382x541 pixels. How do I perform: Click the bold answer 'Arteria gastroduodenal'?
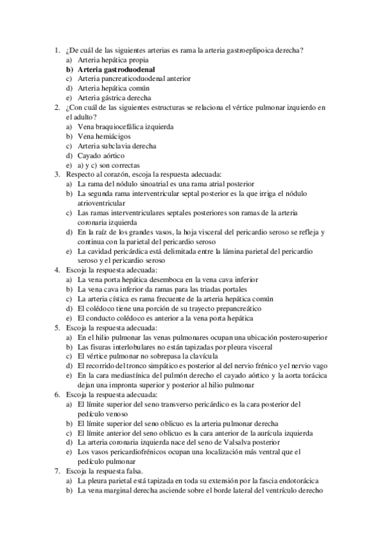pyautogui.click(x=117, y=69)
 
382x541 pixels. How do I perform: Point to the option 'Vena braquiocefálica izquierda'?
pyautogui.click(x=125, y=127)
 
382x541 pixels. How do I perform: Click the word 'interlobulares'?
pyautogui.click(x=141, y=346)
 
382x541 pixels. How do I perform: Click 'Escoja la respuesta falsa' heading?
pyautogui.click(x=103, y=471)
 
